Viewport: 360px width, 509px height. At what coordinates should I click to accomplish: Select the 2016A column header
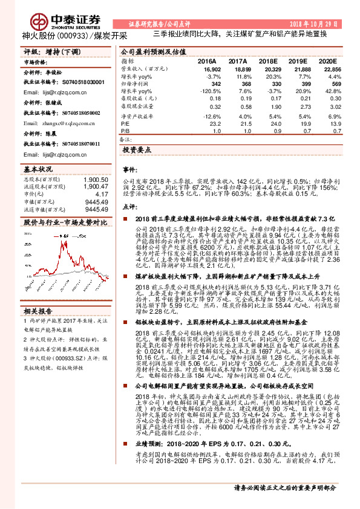tap(206, 62)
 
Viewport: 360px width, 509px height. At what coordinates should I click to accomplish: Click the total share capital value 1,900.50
tap(97, 180)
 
